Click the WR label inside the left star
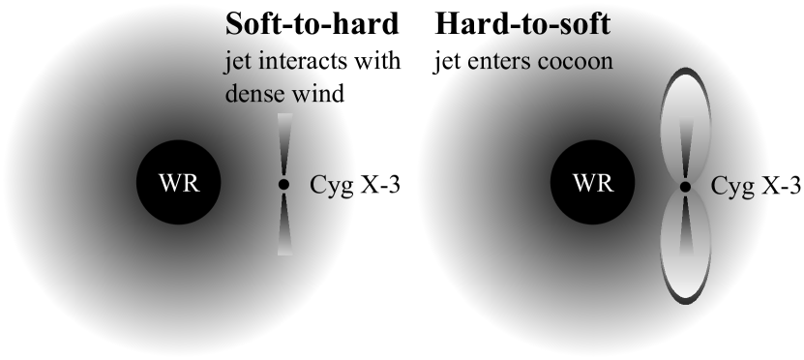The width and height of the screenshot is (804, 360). (179, 184)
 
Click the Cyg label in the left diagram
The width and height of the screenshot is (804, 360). (332, 185)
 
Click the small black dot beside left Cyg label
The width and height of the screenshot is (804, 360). (283, 184)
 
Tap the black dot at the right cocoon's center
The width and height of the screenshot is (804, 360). (685, 186)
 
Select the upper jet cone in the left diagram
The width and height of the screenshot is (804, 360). (283, 145)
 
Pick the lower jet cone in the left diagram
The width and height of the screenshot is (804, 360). (283, 223)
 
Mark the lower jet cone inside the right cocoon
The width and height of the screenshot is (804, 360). (685, 224)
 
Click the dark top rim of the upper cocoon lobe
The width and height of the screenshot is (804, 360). (685, 72)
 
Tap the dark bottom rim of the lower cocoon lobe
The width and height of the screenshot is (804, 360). (685, 300)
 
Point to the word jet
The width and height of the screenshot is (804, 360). (233, 62)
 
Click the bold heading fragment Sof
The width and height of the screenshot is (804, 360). (248, 24)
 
